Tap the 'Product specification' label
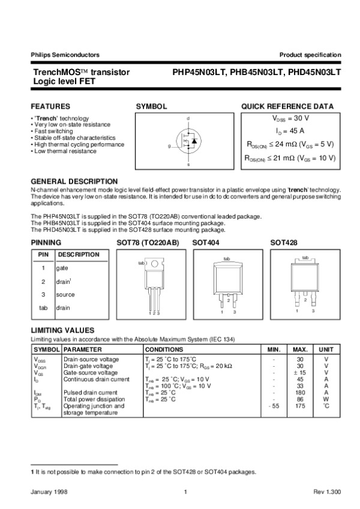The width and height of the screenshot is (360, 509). point(310,55)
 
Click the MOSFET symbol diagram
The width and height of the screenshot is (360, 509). point(187,141)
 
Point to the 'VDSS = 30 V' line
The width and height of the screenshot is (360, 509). point(291,118)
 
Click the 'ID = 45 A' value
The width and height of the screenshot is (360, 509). point(291,130)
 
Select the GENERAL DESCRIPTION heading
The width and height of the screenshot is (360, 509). point(74,181)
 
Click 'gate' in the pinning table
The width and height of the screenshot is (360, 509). point(62,268)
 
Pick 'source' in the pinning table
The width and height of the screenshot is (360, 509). point(65,295)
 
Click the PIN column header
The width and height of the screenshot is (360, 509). point(43,254)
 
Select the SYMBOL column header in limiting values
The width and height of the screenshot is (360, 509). point(46,349)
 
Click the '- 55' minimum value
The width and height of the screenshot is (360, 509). point(273,406)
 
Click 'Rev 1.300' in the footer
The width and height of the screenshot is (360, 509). point(327,492)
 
